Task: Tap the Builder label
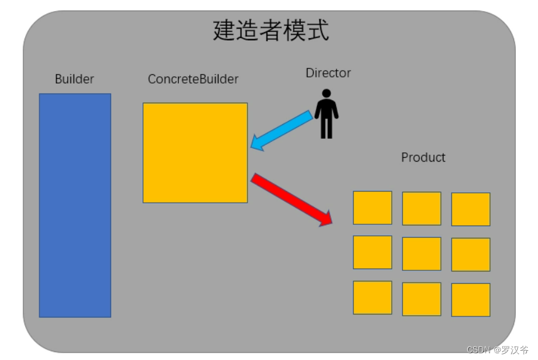click(74, 79)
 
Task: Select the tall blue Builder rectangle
click(75, 205)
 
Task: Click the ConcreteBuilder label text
click(193, 79)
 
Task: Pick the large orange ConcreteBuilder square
click(195, 153)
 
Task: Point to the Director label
click(328, 73)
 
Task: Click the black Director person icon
click(326, 114)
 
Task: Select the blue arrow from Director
click(282, 130)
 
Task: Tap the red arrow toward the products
click(291, 200)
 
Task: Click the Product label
click(423, 157)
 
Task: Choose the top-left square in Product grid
click(372, 208)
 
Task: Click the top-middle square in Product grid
click(421, 208)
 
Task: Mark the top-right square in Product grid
click(470, 209)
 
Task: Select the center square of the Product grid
click(421, 254)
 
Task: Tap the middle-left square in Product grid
click(372, 252)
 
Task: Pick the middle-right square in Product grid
click(470, 254)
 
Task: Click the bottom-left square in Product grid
click(372, 297)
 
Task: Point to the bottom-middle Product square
click(421, 299)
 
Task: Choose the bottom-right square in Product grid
click(470, 300)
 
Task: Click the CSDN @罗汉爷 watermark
click(497, 350)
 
